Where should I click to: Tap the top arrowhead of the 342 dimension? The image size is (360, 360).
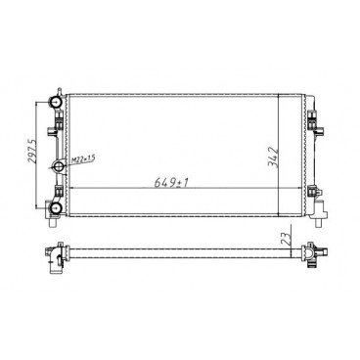click(280, 99)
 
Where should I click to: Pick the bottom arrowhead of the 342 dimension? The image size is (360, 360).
click(280, 216)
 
